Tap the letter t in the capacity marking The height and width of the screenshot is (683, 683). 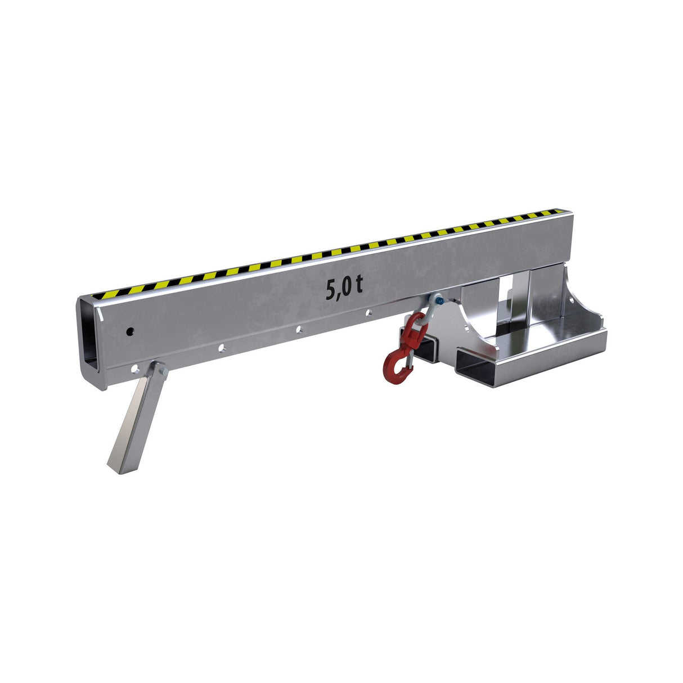click(358, 286)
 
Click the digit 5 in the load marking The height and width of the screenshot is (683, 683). click(331, 290)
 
